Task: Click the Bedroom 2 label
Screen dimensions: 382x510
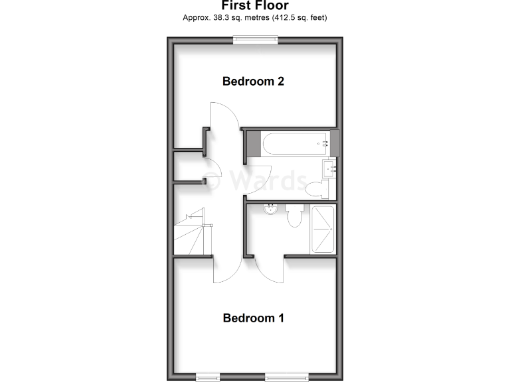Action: (254, 82)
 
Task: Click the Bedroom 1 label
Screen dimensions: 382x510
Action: (254, 318)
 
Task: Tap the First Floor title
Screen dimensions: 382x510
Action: (255, 5)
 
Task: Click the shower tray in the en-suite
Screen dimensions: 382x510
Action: (324, 229)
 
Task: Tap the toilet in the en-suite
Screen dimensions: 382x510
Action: (295, 216)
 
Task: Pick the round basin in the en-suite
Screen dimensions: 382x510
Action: (271, 210)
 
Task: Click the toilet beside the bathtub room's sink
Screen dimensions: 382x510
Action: (317, 188)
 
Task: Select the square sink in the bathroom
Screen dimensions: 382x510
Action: (330, 169)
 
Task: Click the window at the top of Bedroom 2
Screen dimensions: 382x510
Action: (255, 40)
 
